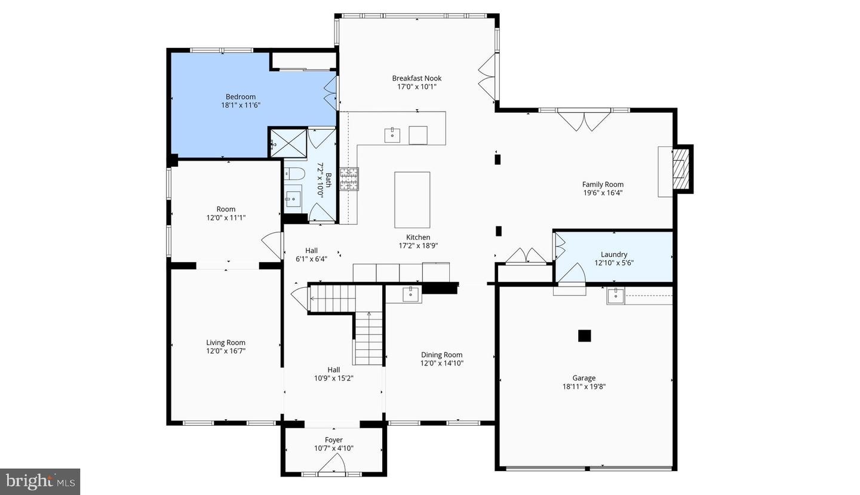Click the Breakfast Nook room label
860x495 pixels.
point(416,78)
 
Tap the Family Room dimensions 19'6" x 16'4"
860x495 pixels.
point(603,193)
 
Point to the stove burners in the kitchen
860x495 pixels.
point(349,179)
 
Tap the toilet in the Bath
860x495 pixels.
point(294,174)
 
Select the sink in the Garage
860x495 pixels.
point(615,296)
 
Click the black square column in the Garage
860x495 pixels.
point(584,336)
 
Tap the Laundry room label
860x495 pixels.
point(613,254)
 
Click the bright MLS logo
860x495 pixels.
point(40,481)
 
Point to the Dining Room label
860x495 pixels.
point(441,355)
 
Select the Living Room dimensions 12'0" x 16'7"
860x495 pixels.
point(226,351)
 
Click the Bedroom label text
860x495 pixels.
point(240,97)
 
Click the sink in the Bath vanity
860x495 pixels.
point(293,198)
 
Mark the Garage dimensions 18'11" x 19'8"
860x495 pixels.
point(583,386)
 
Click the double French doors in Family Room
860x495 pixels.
point(584,120)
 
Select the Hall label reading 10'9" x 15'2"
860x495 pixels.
point(333,377)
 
